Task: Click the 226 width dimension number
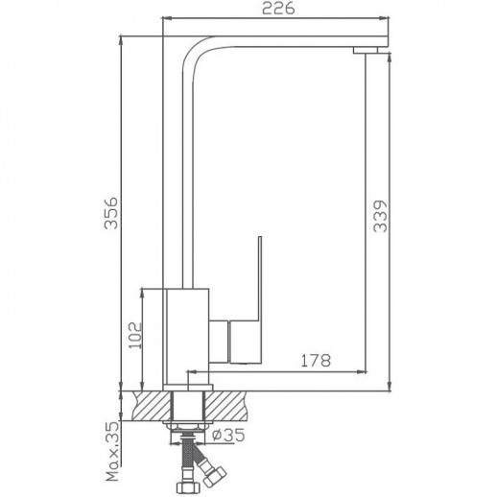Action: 276,9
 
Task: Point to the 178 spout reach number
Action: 318,361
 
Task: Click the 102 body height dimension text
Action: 134,336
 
